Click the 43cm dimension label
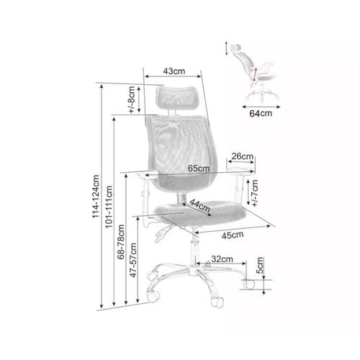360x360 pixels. point(174,71)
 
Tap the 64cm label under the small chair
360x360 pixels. point(261,113)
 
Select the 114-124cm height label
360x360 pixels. point(96,197)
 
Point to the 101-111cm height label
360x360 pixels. point(109,207)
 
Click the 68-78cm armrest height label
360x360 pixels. point(121,242)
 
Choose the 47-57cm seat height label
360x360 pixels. point(133,260)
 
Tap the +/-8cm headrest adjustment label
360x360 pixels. point(132,100)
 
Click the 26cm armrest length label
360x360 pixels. point(242,156)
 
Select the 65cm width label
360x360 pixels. point(199,168)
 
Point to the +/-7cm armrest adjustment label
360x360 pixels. point(255,193)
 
